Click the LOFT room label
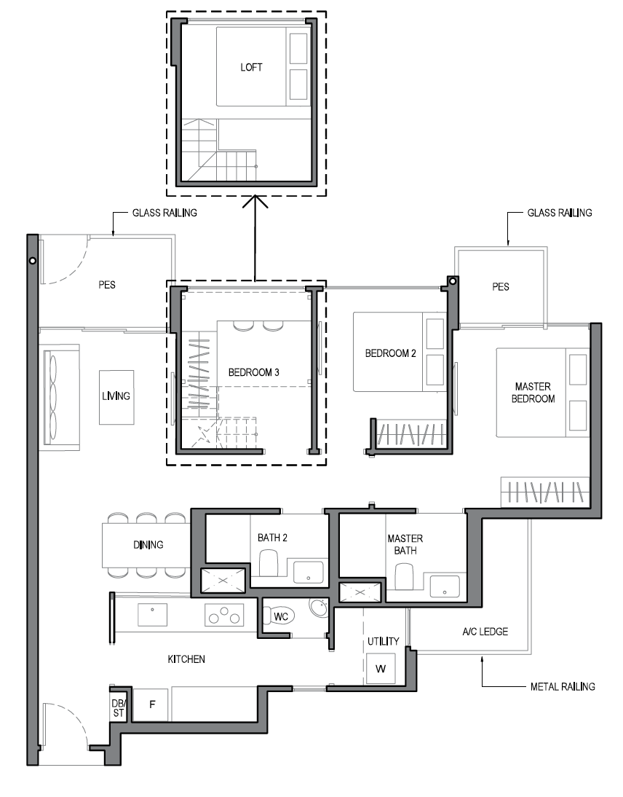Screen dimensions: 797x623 [251, 68]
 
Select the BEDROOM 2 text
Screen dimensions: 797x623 [390, 354]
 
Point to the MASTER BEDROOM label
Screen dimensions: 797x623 [533, 393]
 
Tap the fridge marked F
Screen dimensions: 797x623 [152, 705]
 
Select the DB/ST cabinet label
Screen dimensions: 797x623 [118, 708]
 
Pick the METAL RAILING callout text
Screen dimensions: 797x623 [563, 686]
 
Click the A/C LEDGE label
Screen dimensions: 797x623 [485, 632]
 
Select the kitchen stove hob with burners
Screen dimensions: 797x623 [224, 616]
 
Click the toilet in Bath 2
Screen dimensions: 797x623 [269, 565]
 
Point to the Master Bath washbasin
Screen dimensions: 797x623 [444, 586]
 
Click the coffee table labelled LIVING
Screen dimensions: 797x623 [116, 396]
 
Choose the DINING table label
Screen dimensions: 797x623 [148, 545]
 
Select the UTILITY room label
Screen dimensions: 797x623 [383, 641]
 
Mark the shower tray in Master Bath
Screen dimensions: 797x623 [362, 592]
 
